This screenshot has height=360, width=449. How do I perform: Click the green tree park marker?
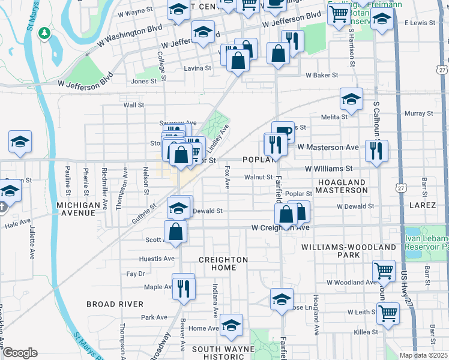click(x=44, y=32)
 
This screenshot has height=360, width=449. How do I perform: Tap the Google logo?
click(x=20, y=353)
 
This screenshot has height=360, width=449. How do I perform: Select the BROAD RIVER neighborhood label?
click(x=115, y=304)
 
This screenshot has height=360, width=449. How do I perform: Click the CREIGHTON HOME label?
click(x=223, y=263)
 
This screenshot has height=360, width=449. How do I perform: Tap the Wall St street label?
click(x=134, y=105)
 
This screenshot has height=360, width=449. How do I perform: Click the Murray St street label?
click(x=418, y=113)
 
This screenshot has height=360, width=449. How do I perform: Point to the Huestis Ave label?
click(x=157, y=259)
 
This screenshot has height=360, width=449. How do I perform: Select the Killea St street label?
click(x=366, y=331)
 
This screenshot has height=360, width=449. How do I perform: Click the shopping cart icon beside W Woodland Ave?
click(x=384, y=270)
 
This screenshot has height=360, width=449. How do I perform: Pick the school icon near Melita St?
click(x=351, y=98)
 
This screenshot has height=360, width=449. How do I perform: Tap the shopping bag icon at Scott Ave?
click(x=175, y=231)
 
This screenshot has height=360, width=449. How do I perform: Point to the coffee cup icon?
click(x=283, y=131)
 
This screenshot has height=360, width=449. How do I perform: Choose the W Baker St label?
click(x=322, y=76)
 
